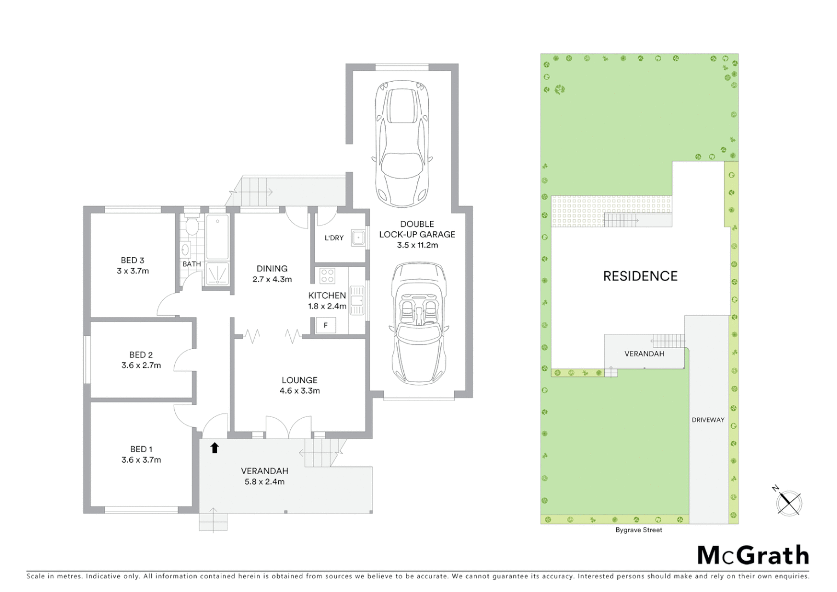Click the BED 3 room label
click(x=133, y=260)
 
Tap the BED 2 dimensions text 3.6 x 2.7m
click(x=141, y=365)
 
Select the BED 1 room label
click(x=141, y=449)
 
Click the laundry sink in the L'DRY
click(x=358, y=238)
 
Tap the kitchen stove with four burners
click(x=328, y=275)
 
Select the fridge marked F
click(x=325, y=325)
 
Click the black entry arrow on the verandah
click(x=215, y=448)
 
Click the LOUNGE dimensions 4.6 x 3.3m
click(x=300, y=391)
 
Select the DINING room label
click(x=272, y=269)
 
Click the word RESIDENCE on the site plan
click(x=640, y=276)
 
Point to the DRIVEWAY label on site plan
click(x=708, y=420)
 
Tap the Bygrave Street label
click(x=639, y=530)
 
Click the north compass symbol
click(x=789, y=502)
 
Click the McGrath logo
click(x=753, y=555)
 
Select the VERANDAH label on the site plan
click(x=644, y=354)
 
